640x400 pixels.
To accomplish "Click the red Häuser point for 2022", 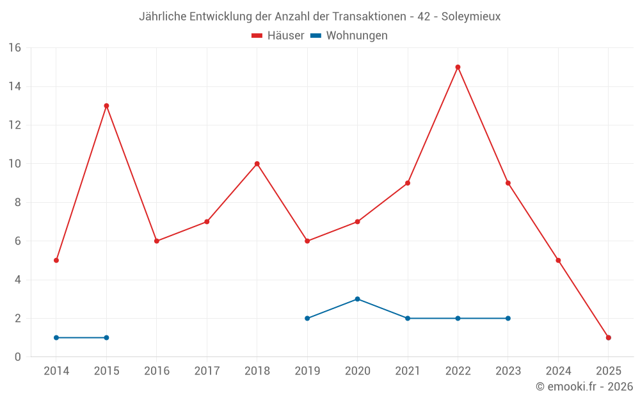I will coord(458,67).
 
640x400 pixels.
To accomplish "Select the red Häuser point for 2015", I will coord(106,106).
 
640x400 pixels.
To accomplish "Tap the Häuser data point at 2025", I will coord(608,337).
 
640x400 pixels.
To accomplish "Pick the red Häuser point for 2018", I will coord(257,164).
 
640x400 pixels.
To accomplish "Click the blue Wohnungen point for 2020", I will coord(357,299).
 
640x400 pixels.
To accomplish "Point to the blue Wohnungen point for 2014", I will coord(56,337).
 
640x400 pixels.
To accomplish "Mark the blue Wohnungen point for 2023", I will coord(508,318).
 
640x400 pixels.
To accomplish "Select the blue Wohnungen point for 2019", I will coord(307,318).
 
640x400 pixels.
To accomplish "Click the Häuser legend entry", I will coord(278,36).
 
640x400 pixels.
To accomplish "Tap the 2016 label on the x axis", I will coord(157,371).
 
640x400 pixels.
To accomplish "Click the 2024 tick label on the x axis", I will coord(558,371).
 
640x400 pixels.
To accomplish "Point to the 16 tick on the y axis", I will coord(15,48).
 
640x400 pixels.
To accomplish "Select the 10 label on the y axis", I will coord(15,164).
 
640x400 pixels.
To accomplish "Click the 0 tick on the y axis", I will coord(18,357).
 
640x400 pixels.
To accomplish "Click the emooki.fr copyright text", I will coord(584,387).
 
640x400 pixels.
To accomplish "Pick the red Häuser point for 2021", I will coord(408,183).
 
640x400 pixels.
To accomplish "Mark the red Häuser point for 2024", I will coord(558,260).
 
